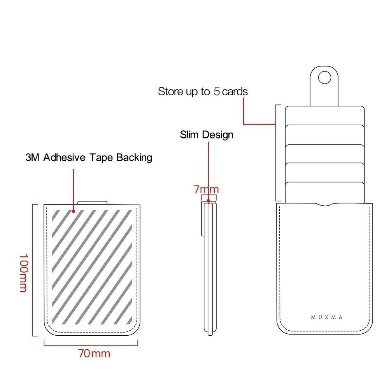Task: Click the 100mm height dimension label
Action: [x=24, y=273]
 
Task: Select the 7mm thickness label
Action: [x=206, y=189]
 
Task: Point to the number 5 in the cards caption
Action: [x=217, y=92]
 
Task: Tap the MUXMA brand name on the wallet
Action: [x=327, y=317]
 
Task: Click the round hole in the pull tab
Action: [x=324, y=78]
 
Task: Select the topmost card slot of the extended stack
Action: [x=324, y=116]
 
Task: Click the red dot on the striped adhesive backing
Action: [x=74, y=211]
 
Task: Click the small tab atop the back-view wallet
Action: [x=93, y=202]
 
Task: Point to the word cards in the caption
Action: [x=235, y=92]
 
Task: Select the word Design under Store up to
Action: [x=217, y=135]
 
